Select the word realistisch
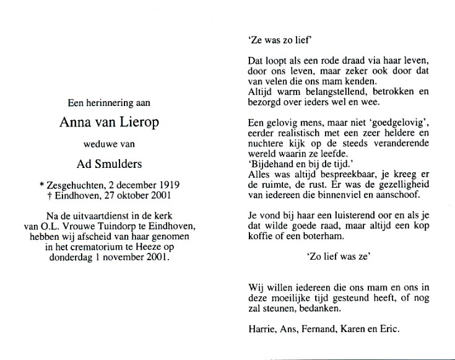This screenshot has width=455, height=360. tap(293, 133)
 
